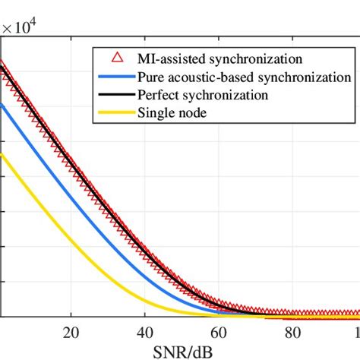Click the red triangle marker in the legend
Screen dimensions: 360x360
(115, 58)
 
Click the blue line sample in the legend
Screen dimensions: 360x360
(115, 77)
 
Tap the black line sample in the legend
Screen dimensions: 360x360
(115, 96)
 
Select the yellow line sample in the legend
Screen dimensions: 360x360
(115, 114)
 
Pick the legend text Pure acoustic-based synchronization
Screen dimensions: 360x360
(244, 77)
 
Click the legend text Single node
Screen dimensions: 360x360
(170, 114)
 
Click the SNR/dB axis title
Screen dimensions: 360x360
(180, 351)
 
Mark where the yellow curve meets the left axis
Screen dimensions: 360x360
(2, 154)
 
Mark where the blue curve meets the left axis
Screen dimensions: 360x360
(2, 105)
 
